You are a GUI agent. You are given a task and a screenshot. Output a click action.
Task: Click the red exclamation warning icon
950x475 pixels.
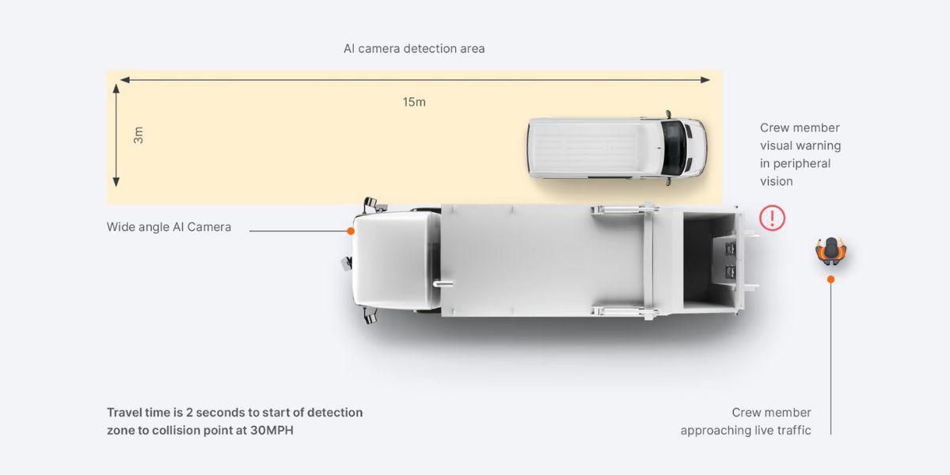(x=772, y=218)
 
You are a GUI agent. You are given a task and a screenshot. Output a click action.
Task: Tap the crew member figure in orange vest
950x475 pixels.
(x=830, y=250)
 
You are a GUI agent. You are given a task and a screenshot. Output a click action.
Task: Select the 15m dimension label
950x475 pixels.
(x=414, y=102)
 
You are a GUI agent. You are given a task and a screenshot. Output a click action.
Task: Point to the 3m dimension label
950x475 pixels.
(x=139, y=135)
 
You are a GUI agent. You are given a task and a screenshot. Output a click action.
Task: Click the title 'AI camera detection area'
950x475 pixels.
(x=414, y=48)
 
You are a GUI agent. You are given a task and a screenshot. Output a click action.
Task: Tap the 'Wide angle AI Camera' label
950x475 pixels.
(x=169, y=227)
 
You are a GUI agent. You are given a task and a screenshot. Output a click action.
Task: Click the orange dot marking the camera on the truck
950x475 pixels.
(x=350, y=231)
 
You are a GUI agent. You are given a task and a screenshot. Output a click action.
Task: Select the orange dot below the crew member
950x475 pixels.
(x=830, y=279)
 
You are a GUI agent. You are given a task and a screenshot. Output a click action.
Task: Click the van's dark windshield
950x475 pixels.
(x=674, y=148)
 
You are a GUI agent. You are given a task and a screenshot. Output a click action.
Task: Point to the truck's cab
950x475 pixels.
(x=396, y=261)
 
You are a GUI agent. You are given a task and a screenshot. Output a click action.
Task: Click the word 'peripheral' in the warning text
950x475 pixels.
(x=796, y=163)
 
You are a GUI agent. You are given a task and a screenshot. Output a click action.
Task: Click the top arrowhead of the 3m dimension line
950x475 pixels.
(x=116, y=88)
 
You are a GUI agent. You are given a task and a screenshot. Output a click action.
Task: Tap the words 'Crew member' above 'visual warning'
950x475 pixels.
(x=800, y=127)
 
